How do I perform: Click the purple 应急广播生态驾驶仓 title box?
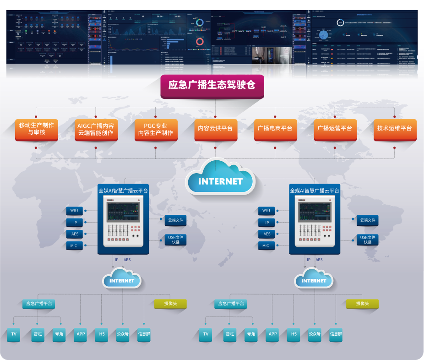pos(212,85)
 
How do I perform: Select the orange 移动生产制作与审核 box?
pos(37,129)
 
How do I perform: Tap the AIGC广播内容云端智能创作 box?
pos(96,129)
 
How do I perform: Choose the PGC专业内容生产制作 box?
pos(156,129)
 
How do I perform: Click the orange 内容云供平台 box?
pos(215,129)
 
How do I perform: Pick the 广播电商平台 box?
pos(275,129)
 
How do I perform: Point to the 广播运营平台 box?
pos(335,129)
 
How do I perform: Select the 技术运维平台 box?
pos(394,129)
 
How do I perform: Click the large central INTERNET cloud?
pos(220,180)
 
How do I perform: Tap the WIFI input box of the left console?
pos(74,211)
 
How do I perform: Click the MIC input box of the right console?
pos(266,246)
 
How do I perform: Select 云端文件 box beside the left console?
pos(175,220)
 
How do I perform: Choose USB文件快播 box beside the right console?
pos(367,240)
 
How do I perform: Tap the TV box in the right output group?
pos(206,334)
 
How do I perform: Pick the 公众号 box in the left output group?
pos(123,334)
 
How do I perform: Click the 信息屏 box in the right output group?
pos(336,334)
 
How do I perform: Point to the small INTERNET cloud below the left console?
pos(122,280)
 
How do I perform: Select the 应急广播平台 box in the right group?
pos(231,304)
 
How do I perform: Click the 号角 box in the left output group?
pos(59,334)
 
